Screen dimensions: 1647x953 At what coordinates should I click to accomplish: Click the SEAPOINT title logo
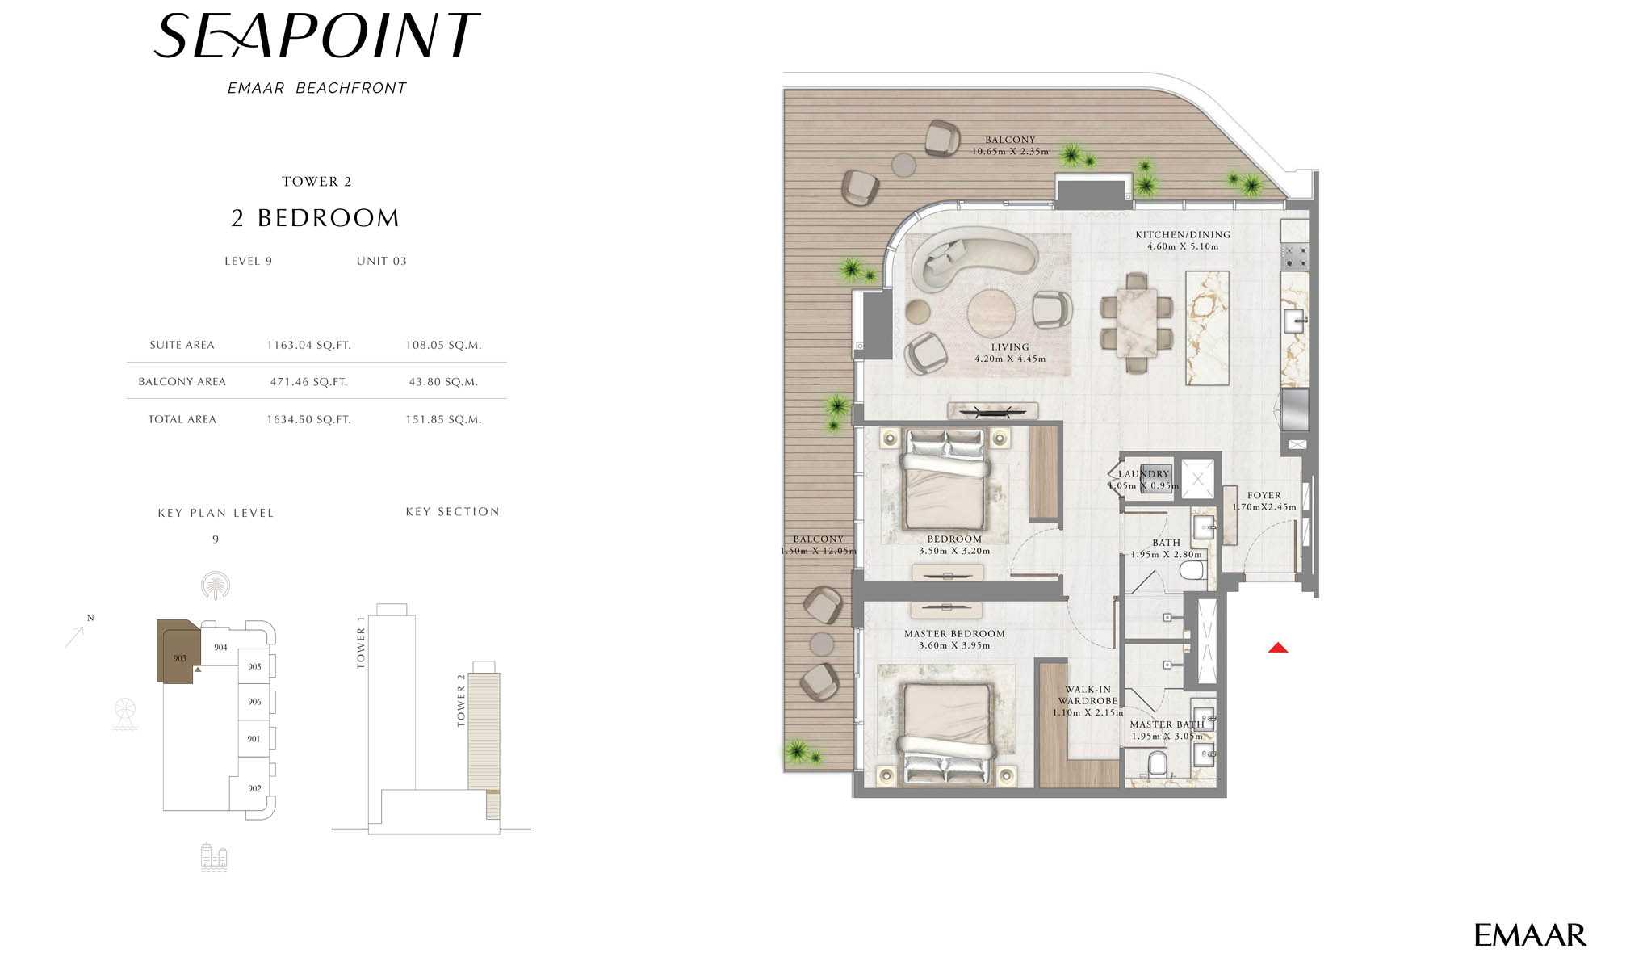pos(316,36)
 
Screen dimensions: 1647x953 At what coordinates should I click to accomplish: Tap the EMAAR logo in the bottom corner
pos(1530,935)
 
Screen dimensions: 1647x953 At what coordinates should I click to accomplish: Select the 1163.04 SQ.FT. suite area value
pos(309,345)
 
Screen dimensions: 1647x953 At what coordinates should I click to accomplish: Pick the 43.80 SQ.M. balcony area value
pos(443,382)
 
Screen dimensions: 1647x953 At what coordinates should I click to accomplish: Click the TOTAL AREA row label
pos(182,419)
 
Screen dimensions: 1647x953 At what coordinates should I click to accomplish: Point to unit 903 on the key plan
pos(180,658)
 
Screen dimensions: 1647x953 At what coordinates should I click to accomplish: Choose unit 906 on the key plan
pos(254,702)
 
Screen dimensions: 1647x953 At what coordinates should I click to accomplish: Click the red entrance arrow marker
pos(1277,648)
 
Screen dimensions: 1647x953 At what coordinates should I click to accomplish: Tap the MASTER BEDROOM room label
pos(954,634)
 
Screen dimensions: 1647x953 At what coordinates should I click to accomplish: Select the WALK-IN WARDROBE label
pos(1088,695)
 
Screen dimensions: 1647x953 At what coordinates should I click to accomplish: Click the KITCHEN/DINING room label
pos(1183,234)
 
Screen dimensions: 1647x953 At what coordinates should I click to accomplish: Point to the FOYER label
pos(1264,496)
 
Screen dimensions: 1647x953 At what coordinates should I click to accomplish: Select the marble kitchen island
pos(1207,328)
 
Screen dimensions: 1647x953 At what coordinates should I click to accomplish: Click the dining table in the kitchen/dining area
pos(1137,322)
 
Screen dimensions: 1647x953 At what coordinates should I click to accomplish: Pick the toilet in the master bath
pos(1157,763)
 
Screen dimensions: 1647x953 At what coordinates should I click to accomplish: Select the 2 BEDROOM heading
pos(316,218)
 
